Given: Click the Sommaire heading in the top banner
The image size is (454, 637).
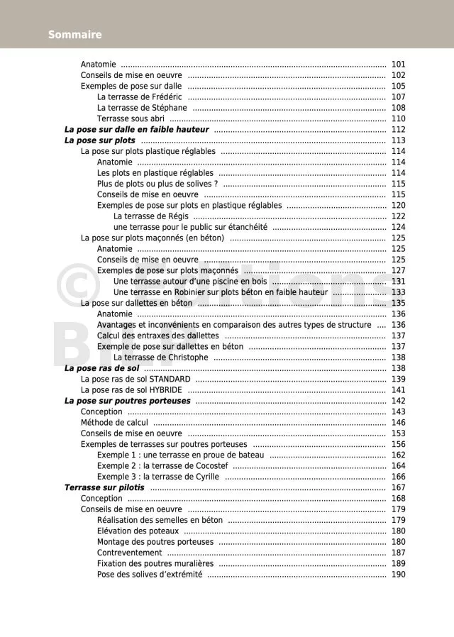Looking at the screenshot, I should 74,35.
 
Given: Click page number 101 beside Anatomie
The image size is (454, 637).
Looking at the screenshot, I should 398,65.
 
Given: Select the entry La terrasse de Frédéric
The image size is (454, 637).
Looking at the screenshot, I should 139,97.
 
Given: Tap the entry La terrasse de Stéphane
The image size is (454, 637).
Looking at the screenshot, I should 142,108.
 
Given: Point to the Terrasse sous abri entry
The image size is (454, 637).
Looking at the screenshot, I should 131,119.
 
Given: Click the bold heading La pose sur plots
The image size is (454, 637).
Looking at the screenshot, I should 99,140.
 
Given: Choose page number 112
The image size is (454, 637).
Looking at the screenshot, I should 398,130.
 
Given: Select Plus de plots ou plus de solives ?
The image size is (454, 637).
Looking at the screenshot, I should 157,184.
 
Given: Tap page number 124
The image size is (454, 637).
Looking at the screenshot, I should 398,227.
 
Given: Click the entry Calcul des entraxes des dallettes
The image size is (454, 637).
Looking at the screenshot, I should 157,336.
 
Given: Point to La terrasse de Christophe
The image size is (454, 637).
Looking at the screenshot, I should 160,358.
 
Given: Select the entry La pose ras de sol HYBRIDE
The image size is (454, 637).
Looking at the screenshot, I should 131,390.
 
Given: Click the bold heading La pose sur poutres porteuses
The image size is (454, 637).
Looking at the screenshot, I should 127,401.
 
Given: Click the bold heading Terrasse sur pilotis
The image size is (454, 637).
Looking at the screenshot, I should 104,488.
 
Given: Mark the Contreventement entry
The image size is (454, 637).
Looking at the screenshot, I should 129,553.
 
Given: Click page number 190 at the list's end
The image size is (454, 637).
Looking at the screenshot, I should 398,575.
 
